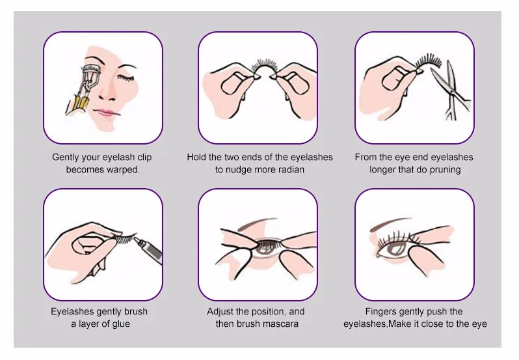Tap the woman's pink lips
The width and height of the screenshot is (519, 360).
[x=107, y=112]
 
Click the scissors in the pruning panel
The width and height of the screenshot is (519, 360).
[x=451, y=90]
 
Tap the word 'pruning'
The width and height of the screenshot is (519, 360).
[x=445, y=170]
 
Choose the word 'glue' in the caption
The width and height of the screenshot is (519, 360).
[x=121, y=324]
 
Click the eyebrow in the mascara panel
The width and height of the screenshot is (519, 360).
[x=257, y=223]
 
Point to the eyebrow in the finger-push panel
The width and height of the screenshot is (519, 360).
[x=390, y=224]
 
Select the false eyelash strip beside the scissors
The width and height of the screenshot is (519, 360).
[x=428, y=62]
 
